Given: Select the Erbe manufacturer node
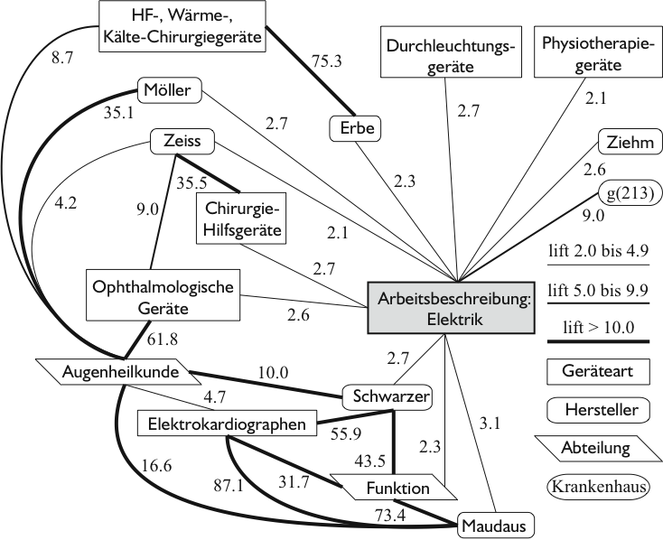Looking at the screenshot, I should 355,129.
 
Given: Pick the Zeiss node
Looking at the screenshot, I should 182,142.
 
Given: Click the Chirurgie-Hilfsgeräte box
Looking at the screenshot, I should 239,218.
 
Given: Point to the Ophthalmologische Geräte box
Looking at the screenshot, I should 163,296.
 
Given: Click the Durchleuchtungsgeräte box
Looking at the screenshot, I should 448,55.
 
